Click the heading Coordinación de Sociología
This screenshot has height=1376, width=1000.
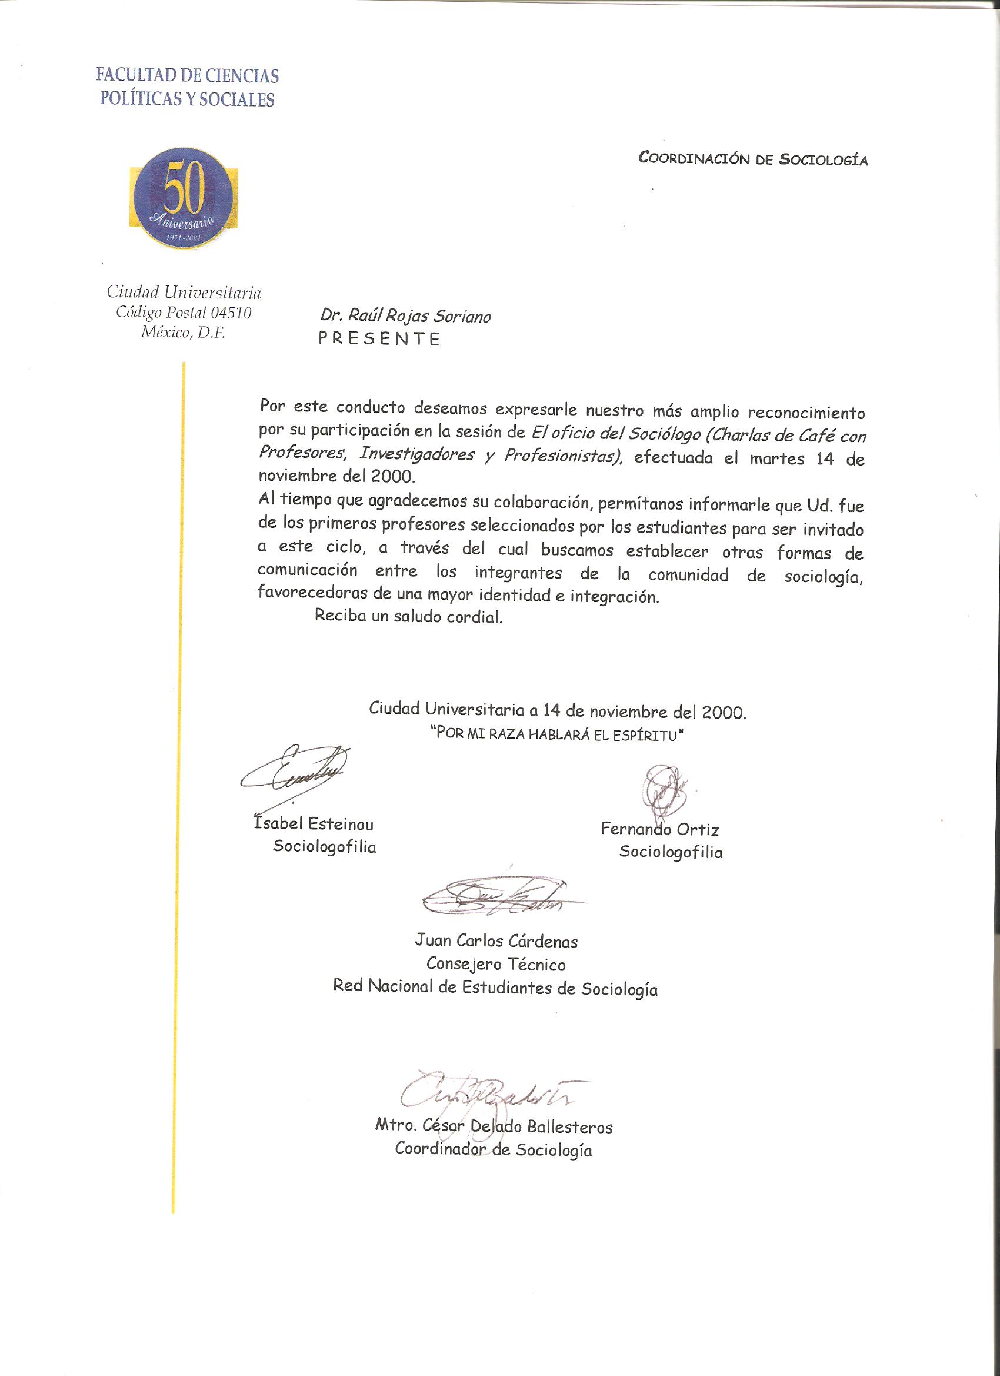[x=752, y=159]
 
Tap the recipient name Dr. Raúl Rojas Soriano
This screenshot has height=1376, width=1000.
[x=405, y=316]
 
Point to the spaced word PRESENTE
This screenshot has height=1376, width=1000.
[x=379, y=338]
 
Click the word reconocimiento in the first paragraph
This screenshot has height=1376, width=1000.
[x=806, y=413]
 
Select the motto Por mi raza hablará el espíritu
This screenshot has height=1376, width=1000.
[x=556, y=733]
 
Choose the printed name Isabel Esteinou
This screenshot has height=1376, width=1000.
[x=313, y=825]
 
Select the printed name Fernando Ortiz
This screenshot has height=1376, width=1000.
[x=660, y=829]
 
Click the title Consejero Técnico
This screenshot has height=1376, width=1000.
[x=495, y=964]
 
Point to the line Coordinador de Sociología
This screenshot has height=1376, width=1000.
[x=493, y=1149]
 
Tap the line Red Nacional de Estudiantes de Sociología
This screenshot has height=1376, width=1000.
[x=495, y=988]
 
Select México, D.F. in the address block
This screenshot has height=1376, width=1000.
[x=182, y=333]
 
